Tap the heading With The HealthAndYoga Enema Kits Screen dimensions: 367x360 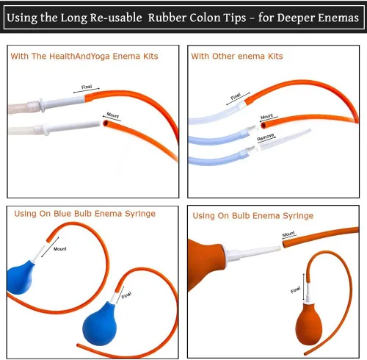(x=84, y=57)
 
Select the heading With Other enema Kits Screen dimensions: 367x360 (x=237, y=57)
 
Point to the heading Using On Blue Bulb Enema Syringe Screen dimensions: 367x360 (x=84, y=214)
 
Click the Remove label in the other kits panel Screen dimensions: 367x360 (x=266, y=137)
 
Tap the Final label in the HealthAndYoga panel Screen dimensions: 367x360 (x=87, y=87)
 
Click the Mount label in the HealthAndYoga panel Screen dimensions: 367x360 (x=113, y=115)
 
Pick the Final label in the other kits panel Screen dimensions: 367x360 (x=236, y=96)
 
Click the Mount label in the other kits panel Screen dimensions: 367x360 (x=266, y=116)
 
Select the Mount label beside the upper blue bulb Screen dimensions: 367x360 (x=60, y=249)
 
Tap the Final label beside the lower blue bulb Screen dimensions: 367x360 (x=126, y=295)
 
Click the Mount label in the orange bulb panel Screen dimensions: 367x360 (x=288, y=234)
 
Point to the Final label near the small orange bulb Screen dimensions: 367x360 (x=296, y=290)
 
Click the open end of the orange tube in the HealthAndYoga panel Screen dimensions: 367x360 (x=105, y=123)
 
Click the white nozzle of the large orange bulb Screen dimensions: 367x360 (x=252, y=253)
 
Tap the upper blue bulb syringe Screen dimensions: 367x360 (x=20, y=278)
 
